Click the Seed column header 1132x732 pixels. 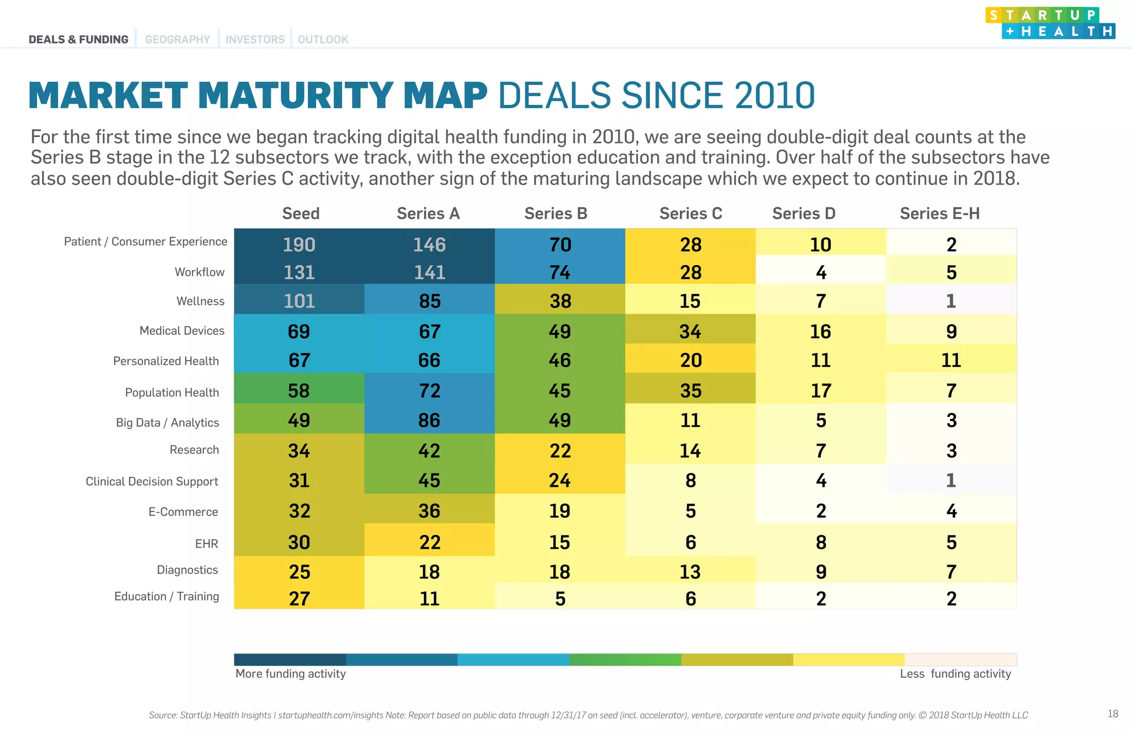coord(301,214)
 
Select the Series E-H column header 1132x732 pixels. coord(939,214)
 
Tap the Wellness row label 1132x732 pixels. coord(200,301)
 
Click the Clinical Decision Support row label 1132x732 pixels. coord(151,481)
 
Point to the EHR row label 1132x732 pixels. coord(206,544)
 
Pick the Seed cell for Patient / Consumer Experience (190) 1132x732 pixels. coord(299,245)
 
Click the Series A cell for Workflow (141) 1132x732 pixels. coord(429,272)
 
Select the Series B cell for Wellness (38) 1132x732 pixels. coord(560,301)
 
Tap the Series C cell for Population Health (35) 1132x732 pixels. coord(690,391)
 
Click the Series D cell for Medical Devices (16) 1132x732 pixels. coord(820,331)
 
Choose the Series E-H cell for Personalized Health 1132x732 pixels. coord(951,360)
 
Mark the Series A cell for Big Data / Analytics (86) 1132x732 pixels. coord(429,420)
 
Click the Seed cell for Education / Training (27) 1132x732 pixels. coord(299,598)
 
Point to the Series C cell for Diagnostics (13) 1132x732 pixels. coord(690,572)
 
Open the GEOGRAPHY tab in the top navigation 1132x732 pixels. coord(177,40)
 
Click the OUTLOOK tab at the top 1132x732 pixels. coord(323,40)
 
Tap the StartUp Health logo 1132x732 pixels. coord(1050,23)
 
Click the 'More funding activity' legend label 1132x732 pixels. coord(291,674)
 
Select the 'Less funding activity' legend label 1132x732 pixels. coord(955,674)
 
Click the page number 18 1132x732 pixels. coord(1113,714)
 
